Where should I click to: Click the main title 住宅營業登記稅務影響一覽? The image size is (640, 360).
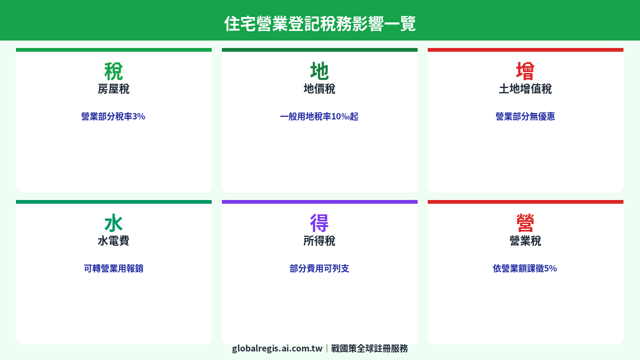[320, 23]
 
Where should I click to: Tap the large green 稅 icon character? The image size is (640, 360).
[114, 71]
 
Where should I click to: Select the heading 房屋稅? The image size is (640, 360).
[114, 89]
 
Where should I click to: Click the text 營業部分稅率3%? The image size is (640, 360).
[114, 116]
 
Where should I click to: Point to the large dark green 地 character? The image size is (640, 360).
[319, 71]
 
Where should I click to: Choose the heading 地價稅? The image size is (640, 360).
[319, 89]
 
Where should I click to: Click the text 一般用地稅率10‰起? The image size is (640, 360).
[319, 116]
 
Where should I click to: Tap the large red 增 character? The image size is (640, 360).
[525, 71]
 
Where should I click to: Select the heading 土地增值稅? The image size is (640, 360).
[525, 89]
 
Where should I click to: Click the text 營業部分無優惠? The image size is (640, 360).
[525, 116]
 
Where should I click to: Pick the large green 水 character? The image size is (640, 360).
[114, 223]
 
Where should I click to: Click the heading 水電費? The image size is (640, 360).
[114, 241]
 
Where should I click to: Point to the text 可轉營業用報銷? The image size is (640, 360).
[114, 268]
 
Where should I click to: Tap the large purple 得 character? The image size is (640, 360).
[319, 223]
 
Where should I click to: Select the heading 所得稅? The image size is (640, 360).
[319, 241]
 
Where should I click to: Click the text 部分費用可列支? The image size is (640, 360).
[319, 268]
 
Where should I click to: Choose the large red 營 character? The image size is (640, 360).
[525, 223]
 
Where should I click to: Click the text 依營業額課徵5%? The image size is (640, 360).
[525, 268]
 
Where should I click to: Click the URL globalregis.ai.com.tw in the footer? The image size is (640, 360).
[277, 348]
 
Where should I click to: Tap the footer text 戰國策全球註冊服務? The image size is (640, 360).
[370, 348]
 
